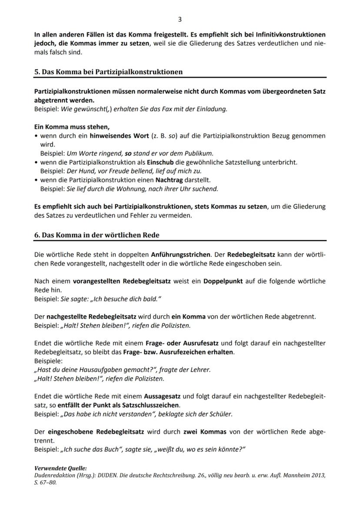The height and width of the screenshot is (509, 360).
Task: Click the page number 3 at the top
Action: tap(180, 19)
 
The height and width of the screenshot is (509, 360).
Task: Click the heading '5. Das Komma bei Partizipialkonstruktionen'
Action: tap(108, 72)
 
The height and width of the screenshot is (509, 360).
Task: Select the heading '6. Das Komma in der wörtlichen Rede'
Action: tap(97, 235)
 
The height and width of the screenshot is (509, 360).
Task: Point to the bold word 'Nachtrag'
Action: tap(170, 180)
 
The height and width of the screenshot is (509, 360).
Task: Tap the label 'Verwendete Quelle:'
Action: tap(60, 468)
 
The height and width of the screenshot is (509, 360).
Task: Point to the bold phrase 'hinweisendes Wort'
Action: tap(114, 136)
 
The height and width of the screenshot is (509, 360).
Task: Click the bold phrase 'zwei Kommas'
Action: tap(205, 432)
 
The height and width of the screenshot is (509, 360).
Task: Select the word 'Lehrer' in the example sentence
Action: tap(200, 370)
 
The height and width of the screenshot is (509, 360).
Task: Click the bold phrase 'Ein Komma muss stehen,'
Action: tap(72, 127)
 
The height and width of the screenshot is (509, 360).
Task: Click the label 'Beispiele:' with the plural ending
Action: tap(48, 361)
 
